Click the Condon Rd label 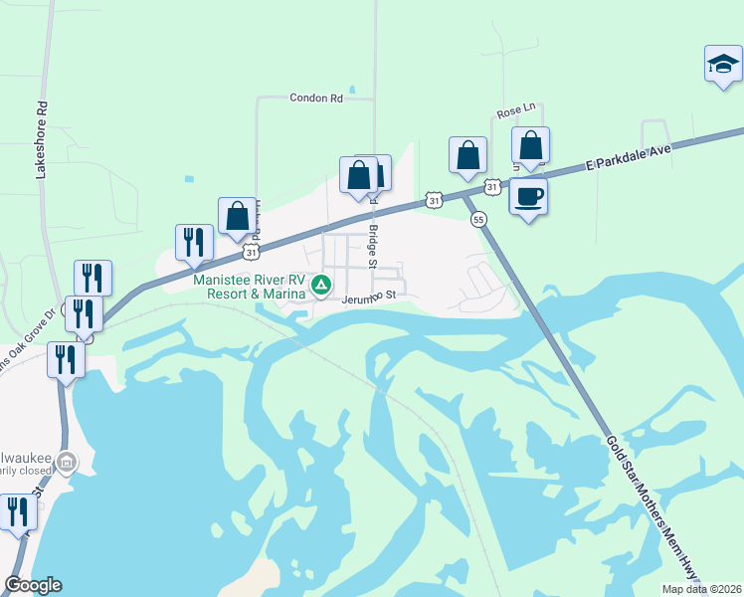pyautogui.click(x=316, y=99)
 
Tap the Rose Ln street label pyautogui.click(x=516, y=107)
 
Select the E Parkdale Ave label pyautogui.click(x=629, y=155)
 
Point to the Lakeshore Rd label pyautogui.click(x=42, y=138)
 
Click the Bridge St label pyautogui.click(x=374, y=243)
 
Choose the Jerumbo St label pyautogui.click(x=369, y=296)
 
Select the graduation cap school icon pyautogui.click(x=723, y=66)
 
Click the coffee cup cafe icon pyautogui.click(x=528, y=196)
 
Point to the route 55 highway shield pyautogui.click(x=478, y=219)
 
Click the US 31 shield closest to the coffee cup pyautogui.click(x=491, y=187)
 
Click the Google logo pyautogui.click(x=33, y=585)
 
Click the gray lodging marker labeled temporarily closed pyautogui.click(x=66, y=462)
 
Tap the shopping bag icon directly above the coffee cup pyautogui.click(x=531, y=145)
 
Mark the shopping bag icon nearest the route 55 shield pyautogui.click(x=467, y=155)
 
